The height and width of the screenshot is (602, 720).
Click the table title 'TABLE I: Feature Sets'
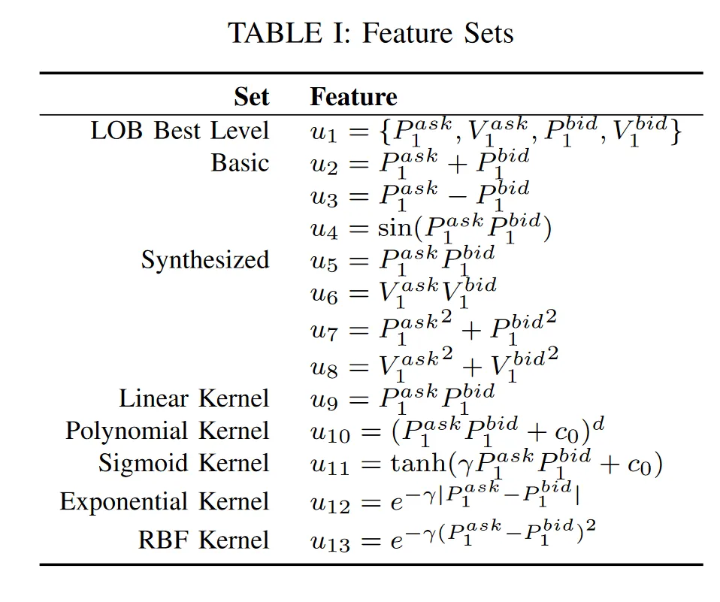[371, 33]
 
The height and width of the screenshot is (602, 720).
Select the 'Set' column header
[251, 97]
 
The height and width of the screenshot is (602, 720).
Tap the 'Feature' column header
[353, 97]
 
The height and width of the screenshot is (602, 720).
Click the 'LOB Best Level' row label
[180, 131]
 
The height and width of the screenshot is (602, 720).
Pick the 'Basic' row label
[240, 163]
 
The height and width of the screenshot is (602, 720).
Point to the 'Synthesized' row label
[205, 260]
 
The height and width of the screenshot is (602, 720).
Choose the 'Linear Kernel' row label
[194, 398]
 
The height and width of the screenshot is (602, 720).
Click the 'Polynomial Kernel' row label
[167, 431]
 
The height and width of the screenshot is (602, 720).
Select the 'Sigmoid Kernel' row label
[183, 464]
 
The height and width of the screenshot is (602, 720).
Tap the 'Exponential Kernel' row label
[165, 501]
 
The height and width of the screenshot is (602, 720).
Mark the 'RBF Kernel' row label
[203, 540]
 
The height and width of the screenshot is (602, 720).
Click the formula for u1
[496, 132]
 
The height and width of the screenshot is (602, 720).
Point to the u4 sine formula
[431, 228]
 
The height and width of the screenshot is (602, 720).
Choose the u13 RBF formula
[454, 537]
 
